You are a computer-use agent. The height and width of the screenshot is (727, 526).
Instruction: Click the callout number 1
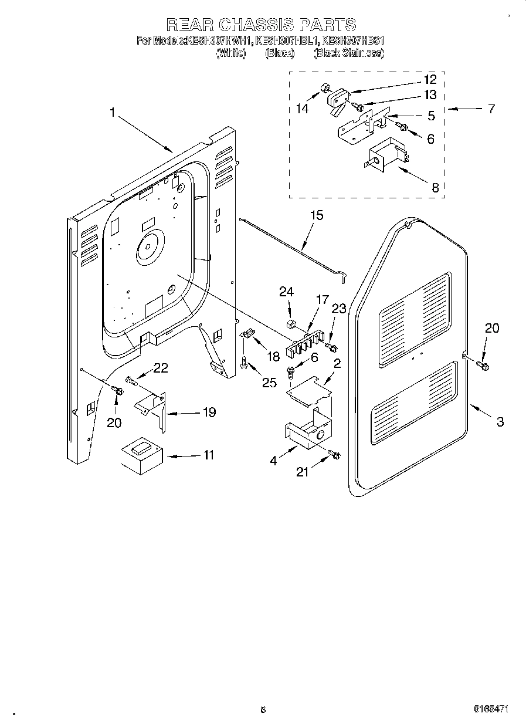coord(112,112)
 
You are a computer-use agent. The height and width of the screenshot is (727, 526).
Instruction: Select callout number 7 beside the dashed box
coord(491,108)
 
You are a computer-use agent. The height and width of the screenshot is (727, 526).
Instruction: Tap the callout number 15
coord(316,215)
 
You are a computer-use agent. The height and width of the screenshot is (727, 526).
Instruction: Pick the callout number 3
coord(499,421)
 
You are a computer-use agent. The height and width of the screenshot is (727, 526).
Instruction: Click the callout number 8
coord(435,188)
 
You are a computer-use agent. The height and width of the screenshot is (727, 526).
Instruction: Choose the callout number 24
coord(286,292)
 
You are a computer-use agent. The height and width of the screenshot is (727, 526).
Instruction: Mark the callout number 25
coord(269,383)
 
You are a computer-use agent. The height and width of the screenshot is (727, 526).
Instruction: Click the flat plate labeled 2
coord(308,388)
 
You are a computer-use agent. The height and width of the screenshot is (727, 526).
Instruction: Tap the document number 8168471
coord(490,709)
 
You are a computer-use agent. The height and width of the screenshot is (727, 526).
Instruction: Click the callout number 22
coord(160,368)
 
